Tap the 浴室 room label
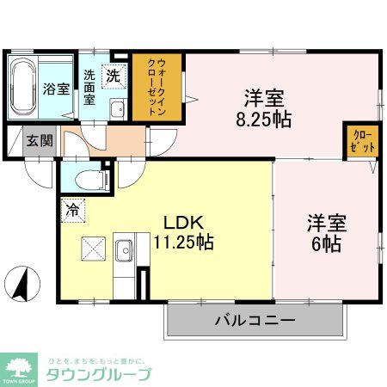tap(55, 89)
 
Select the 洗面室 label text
tap(90, 85)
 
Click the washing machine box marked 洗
tap(114, 75)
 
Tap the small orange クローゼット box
tap(360, 140)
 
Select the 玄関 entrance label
tap(36, 140)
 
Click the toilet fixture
tap(89, 181)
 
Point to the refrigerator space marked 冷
tap(72, 208)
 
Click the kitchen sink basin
tap(123, 249)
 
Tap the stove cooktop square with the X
tap(92, 249)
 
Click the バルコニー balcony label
tap(255, 322)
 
